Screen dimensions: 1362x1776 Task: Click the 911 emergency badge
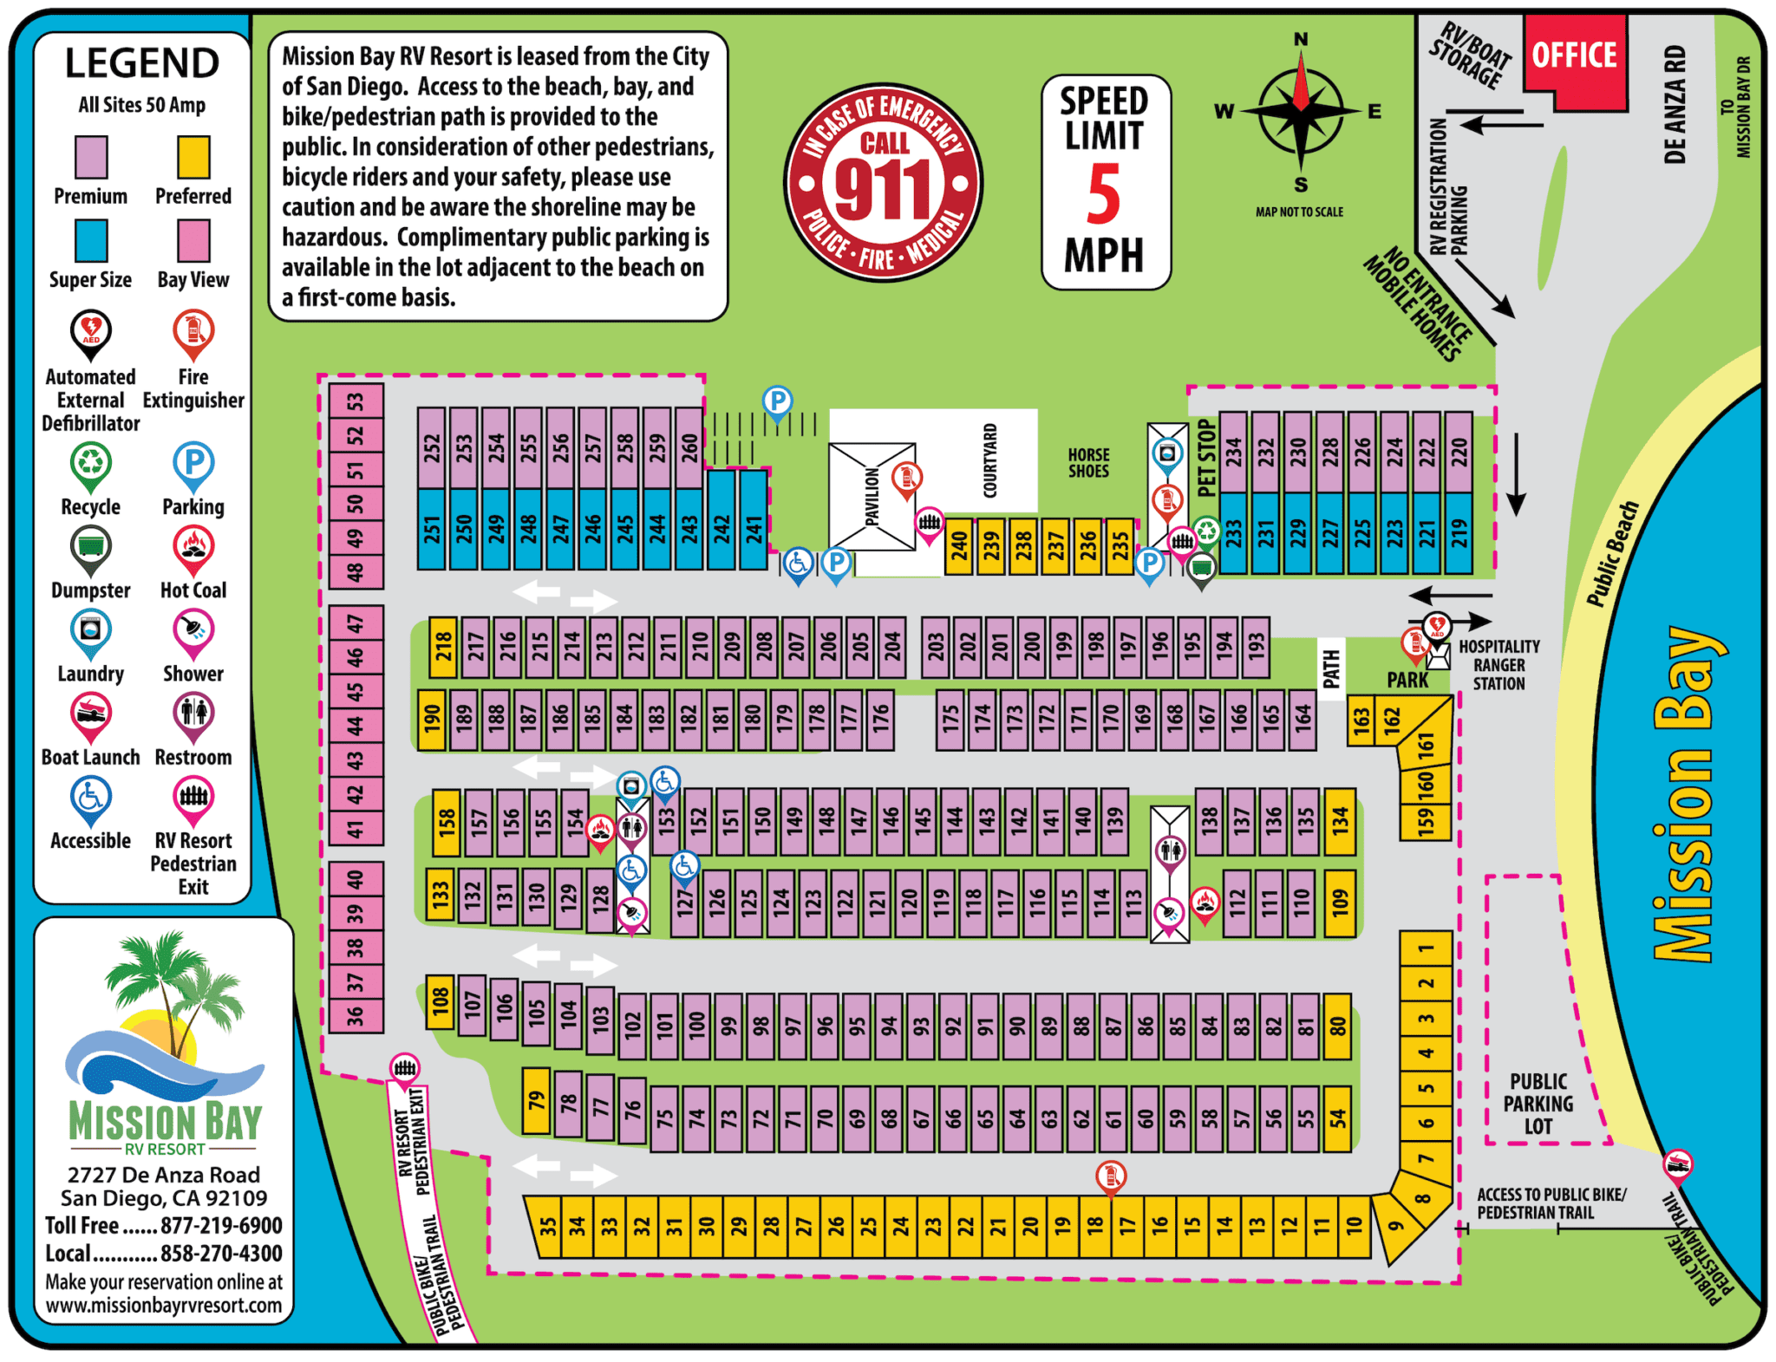coord(883,183)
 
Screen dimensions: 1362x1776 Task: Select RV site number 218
coord(443,648)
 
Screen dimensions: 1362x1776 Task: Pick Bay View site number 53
coord(356,401)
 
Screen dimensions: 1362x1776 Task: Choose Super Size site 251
coord(432,529)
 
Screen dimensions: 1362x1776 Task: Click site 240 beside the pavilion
coord(958,547)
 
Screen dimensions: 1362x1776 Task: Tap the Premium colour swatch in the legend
coord(91,158)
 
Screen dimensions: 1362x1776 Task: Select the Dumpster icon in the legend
coord(90,547)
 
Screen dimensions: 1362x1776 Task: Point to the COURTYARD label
coord(989,460)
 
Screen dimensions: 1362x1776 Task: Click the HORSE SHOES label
coord(1088,463)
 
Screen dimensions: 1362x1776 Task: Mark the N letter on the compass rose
coord(1301,39)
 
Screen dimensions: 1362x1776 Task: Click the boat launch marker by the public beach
coord(1677,1164)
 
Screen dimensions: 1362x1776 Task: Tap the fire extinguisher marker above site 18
coord(1110,1176)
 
